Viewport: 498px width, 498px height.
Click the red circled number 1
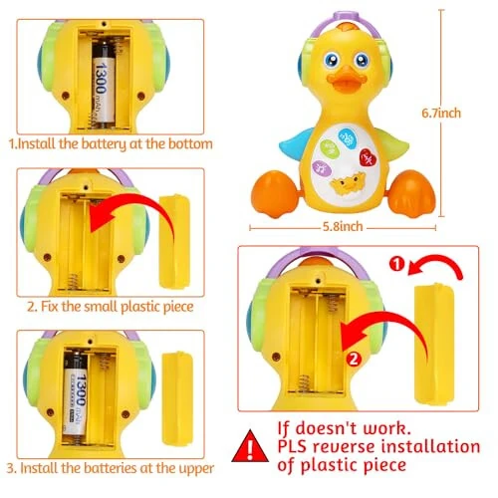point(396,266)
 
